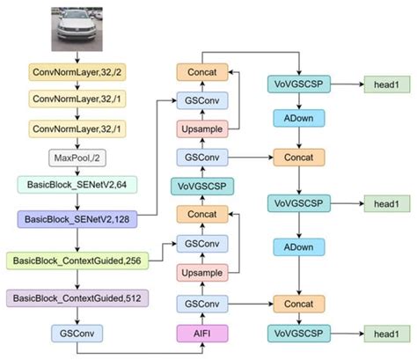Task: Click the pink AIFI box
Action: pos(203,333)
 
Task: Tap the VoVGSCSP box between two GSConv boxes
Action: pos(203,186)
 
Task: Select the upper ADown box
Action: pos(299,117)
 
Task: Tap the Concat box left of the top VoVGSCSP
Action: pos(203,70)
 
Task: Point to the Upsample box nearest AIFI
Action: pos(203,274)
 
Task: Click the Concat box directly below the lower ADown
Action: pos(299,303)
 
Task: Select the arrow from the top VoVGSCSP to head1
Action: pos(345,85)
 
